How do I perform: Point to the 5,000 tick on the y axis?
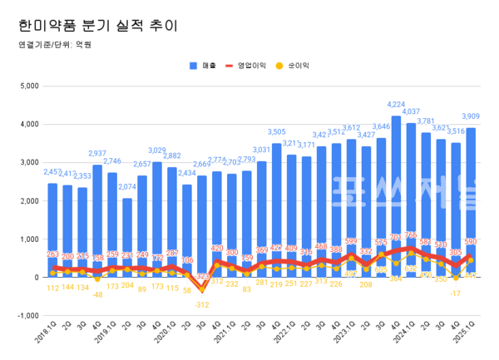(29, 86)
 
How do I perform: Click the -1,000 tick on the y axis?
(27, 316)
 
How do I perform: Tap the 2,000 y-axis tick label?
(29, 201)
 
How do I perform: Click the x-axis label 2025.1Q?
(466, 337)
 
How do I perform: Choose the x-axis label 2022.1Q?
(287, 337)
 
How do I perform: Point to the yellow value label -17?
(456, 293)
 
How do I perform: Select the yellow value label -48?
(97, 294)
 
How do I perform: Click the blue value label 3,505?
(277, 132)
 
